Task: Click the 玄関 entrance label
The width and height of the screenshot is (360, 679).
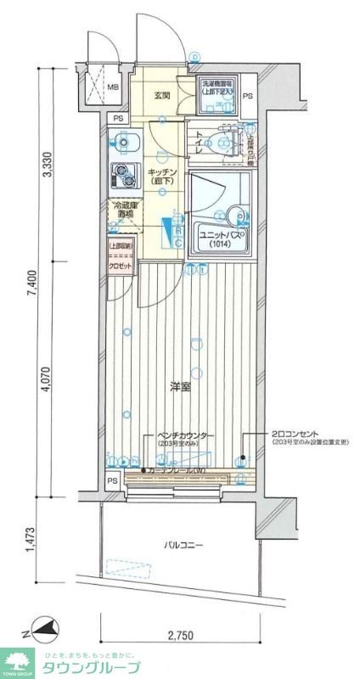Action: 162,96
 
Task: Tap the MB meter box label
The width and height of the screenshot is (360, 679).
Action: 113,87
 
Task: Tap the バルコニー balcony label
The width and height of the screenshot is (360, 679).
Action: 183,546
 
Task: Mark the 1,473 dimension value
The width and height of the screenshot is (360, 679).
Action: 31,540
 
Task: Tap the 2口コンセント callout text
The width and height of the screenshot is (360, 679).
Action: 296,435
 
